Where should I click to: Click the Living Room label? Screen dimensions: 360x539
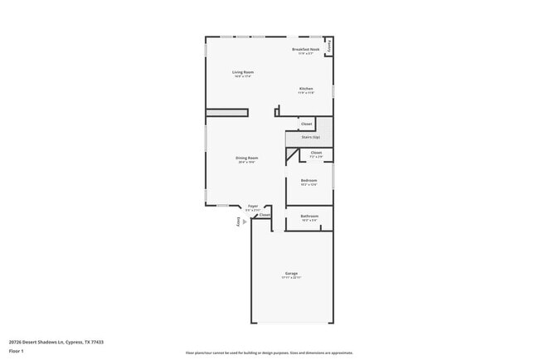(x=242, y=72)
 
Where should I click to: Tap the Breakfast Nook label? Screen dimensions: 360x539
(x=305, y=50)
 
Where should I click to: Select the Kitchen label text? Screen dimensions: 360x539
(x=306, y=88)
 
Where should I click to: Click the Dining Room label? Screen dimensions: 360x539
(x=246, y=158)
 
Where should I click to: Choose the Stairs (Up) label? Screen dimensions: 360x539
(x=310, y=137)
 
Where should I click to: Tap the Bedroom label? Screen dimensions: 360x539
(x=308, y=180)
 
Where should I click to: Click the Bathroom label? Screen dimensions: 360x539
(x=309, y=216)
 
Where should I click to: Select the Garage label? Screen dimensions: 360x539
(x=291, y=273)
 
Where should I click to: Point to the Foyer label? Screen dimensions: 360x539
(x=253, y=206)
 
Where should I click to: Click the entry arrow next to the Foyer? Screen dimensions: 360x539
(x=244, y=233)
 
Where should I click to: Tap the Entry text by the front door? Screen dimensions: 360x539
(x=238, y=221)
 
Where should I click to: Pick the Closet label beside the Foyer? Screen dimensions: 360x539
(x=265, y=215)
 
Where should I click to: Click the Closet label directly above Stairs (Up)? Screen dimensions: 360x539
(x=306, y=124)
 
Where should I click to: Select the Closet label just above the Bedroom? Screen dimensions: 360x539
(x=316, y=153)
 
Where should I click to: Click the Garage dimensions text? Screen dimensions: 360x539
(x=291, y=278)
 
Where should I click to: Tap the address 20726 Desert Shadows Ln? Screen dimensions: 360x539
(x=56, y=341)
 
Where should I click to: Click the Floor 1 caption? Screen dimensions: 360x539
(x=16, y=351)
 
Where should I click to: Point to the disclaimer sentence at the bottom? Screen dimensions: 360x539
(x=269, y=353)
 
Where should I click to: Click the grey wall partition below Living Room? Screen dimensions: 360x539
(x=226, y=112)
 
